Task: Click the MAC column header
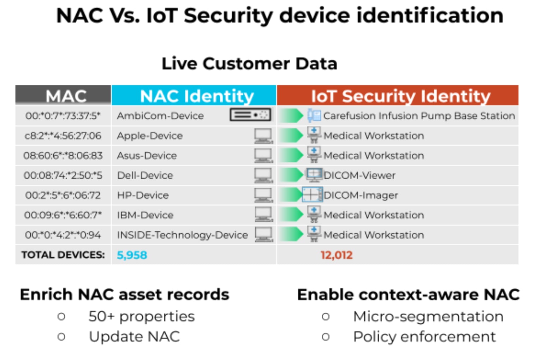(66, 96)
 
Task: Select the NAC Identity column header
(197, 96)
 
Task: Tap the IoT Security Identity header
(400, 96)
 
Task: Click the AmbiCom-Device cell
(160, 116)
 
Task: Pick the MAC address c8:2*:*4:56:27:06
(63, 136)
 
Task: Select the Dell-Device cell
(145, 175)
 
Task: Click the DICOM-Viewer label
(359, 175)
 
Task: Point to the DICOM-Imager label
(361, 195)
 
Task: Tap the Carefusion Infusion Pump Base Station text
(419, 116)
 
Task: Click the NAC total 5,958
(132, 255)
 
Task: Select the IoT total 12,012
(337, 255)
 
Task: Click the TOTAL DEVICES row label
(63, 255)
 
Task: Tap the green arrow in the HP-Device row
(291, 195)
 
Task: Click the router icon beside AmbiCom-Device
(250, 115)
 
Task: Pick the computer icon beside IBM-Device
(263, 215)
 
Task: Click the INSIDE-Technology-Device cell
(182, 235)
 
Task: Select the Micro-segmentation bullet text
(428, 317)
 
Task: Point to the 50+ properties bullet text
(142, 317)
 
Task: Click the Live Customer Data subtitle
(249, 64)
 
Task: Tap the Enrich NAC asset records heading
(125, 295)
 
